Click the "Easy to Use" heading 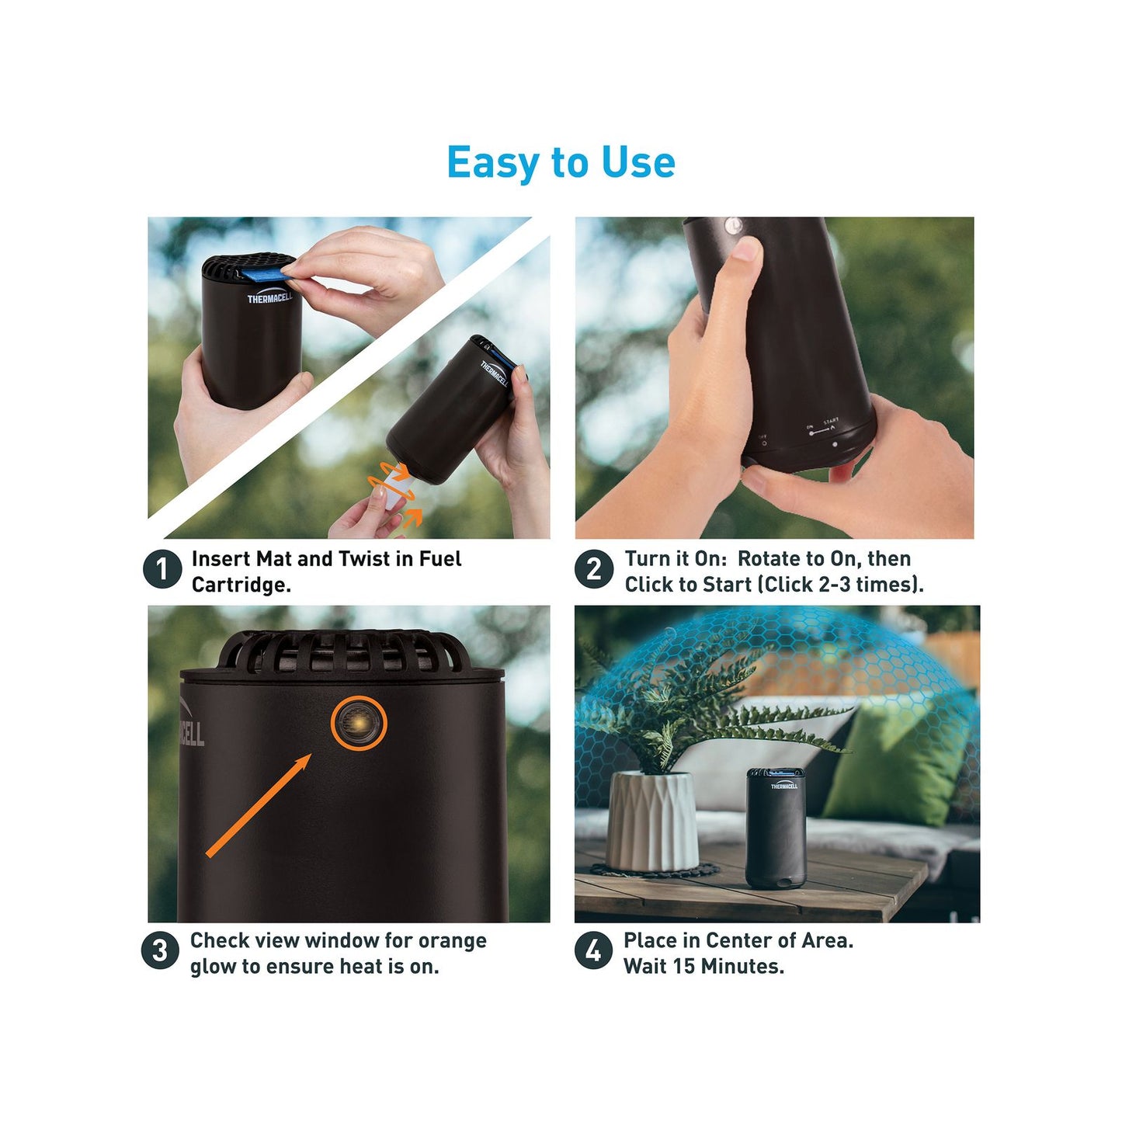click(561, 162)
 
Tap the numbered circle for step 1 click(162, 569)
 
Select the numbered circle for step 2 click(594, 569)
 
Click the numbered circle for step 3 click(160, 951)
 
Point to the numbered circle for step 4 click(593, 951)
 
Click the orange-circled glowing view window click(359, 723)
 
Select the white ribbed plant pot click(652, 821)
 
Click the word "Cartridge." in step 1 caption click(241, 584)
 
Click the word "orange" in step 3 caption click(453, 940)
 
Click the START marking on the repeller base click(831, 420)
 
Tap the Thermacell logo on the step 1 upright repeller click(270, 298)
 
